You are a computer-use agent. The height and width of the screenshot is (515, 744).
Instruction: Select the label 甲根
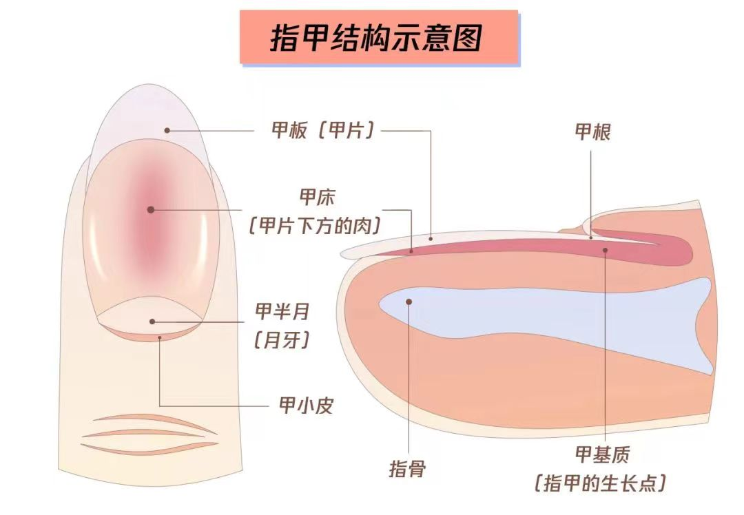click(x=592, y=132)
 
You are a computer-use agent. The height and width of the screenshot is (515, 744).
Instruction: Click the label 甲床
click(x=317, y=198)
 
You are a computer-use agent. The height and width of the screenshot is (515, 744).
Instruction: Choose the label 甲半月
click(x=282, y=312)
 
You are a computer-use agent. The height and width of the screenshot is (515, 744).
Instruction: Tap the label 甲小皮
click(x=305, y=406)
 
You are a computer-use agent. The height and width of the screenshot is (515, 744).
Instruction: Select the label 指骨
click(x=407, y=470)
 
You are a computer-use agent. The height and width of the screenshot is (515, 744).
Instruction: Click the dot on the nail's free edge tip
click(x=167, y=129)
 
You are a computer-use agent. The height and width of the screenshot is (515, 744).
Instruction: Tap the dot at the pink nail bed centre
click(x=150, y=209)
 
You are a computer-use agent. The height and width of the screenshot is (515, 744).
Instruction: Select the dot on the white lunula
click(x=152, y=321)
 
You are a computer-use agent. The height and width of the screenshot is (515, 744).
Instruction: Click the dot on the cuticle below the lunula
click(x=159, y=337)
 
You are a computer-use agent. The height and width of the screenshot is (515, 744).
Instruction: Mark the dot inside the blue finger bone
click(x=409, y=301)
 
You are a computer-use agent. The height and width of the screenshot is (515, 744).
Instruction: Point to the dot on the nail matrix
click(x=606, y=250)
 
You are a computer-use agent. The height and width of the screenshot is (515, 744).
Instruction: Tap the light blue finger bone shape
click(x=551, y=317)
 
